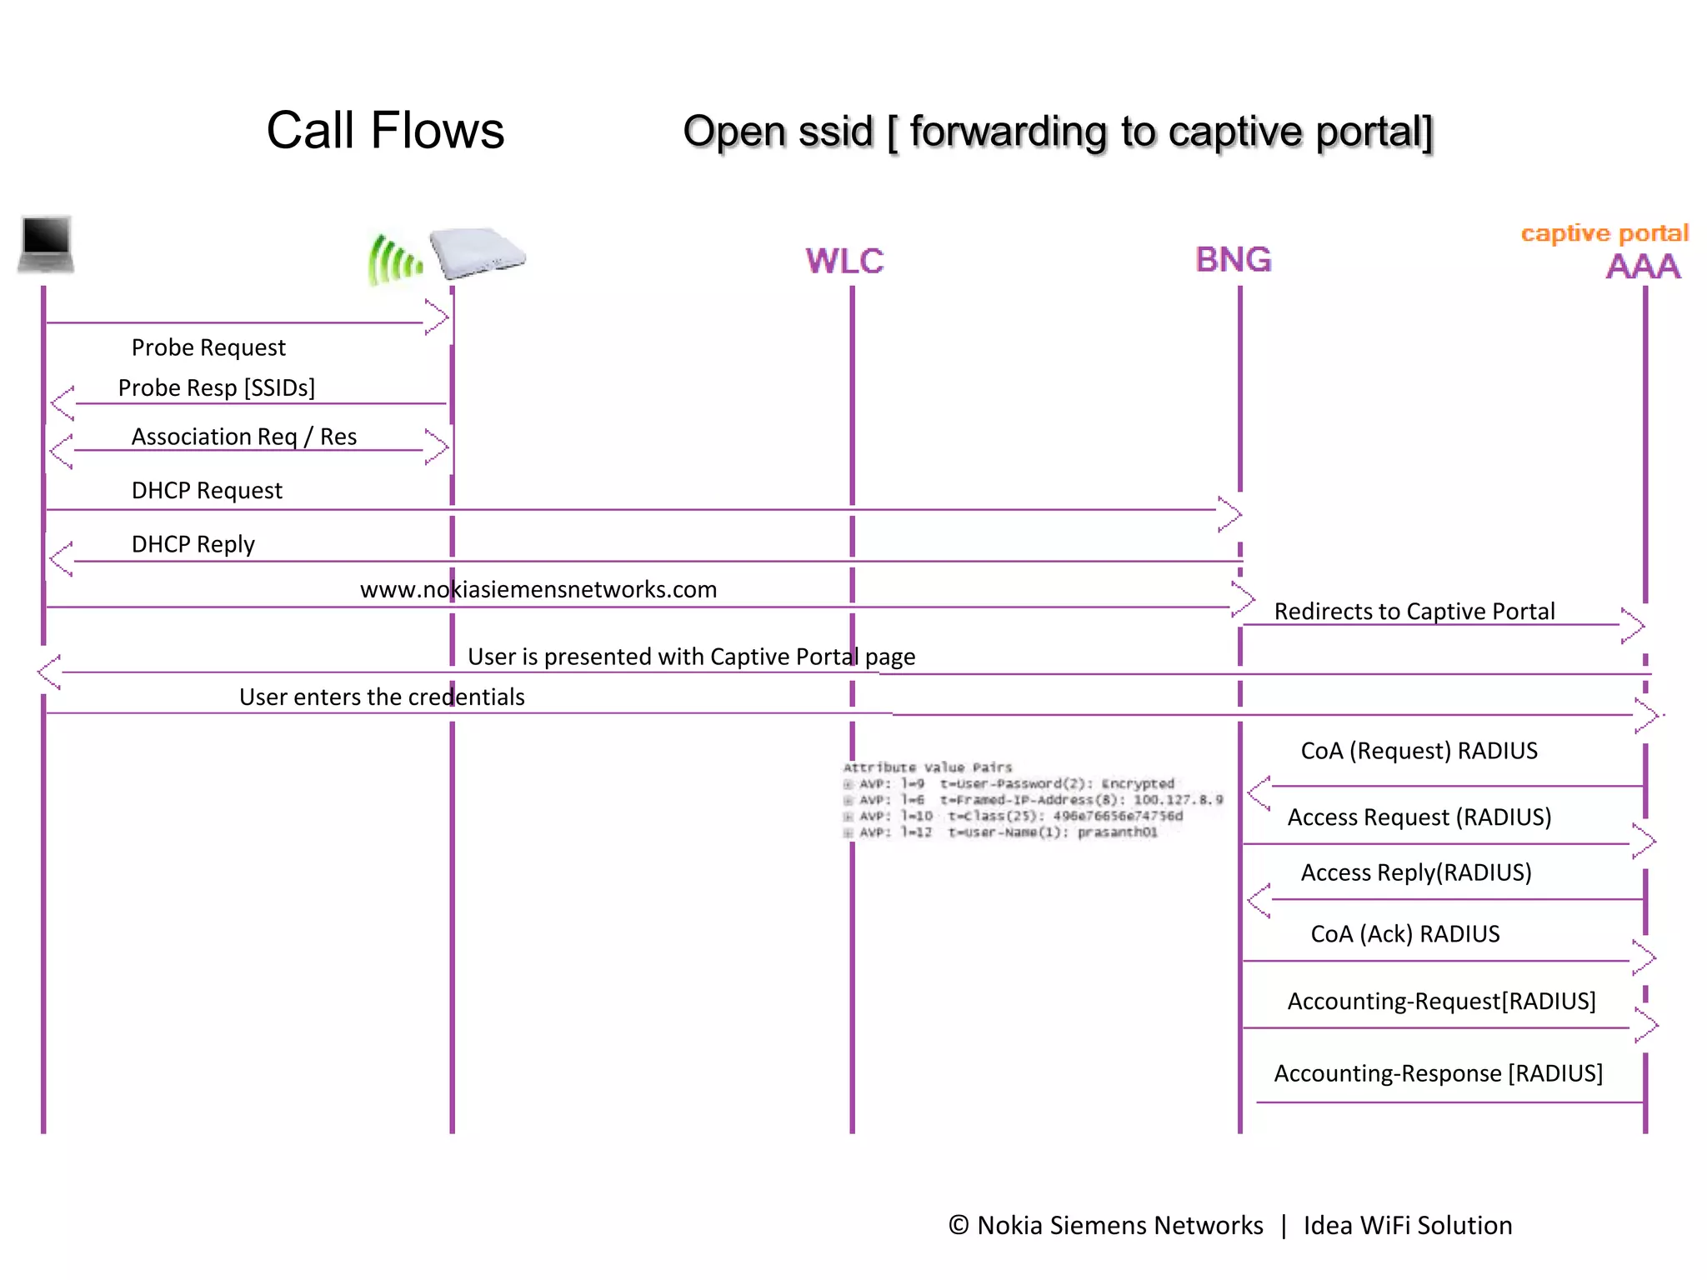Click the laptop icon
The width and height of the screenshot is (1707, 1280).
[46, 243]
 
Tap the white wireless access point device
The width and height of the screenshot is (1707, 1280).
[476, 252]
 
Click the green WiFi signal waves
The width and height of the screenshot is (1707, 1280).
[393, 260]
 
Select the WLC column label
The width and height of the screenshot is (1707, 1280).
[843, 262]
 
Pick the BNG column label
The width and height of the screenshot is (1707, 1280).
[1233, 260]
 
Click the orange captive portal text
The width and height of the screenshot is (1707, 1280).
[1604, 233]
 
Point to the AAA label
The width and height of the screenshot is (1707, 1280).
[1642, 267]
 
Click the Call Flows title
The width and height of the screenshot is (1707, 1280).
[385, 131]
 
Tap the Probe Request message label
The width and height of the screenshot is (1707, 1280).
[208, 347]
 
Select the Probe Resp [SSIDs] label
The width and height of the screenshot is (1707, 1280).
[217, 388]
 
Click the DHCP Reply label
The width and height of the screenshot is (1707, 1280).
[193, 544]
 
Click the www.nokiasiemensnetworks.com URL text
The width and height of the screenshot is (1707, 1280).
[538, 590]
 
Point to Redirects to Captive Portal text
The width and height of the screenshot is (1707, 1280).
[1414, 612]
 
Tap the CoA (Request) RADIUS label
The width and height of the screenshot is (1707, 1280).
[1419, 751]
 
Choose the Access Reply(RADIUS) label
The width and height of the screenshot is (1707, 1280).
[1415, 872]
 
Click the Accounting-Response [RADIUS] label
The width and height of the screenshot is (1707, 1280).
[1438, 1073]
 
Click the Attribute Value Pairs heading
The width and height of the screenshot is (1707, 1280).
[927, 767]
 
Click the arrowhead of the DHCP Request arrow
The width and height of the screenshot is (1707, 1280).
[1231, 513]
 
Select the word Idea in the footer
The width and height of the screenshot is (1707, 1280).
[1328, 1226]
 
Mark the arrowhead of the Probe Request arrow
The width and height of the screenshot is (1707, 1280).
[438, 317]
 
